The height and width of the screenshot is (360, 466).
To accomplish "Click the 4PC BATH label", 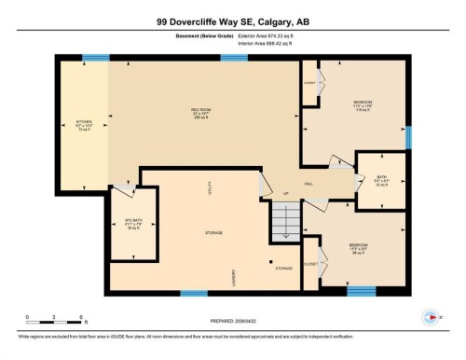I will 132,224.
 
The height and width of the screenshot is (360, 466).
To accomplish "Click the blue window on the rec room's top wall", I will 233,59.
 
